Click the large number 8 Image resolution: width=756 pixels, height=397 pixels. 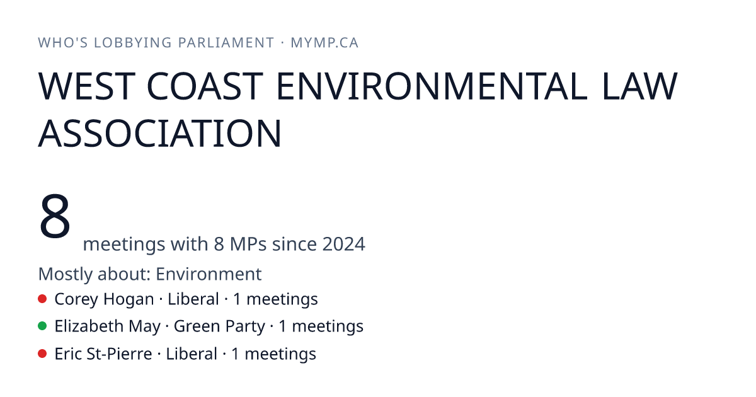click(x=55, y=216)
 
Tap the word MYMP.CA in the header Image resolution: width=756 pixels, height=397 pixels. click(x=324, y=43)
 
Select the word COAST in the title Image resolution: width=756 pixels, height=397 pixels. click(x=205, y=86)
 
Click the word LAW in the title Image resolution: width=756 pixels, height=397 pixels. click(x=639, y=86)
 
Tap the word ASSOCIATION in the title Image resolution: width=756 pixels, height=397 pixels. click(x=159, y=134)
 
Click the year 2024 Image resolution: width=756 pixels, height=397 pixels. click(x=343, y=244)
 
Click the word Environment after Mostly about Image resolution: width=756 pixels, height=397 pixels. click(x=209, y=273)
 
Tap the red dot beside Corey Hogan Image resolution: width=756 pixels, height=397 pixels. click(x=42, y=299)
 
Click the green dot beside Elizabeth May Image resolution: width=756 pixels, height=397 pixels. click(x=42, y=326)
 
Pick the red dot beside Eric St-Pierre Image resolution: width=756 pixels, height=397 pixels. click(x=42, y=354)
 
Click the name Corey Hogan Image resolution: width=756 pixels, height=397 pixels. click(x=104, y=299)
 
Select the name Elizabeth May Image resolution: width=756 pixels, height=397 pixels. click(x=107, y=327)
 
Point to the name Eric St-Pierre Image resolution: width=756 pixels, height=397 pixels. click(x=103, y=354)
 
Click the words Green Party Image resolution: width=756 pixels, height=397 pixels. click(x=219, y=327)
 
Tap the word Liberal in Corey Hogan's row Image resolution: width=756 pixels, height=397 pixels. click(x=193, y=299)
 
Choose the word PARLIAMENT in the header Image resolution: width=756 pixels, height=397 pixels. click(x=226, y=43)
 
